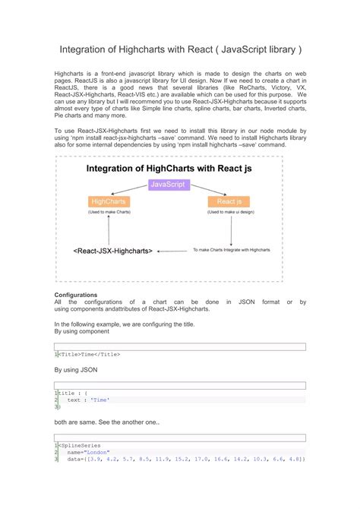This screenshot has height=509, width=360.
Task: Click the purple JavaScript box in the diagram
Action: point(169,184)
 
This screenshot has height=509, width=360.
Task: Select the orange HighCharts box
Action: point(109,201)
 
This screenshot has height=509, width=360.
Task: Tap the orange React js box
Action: point(229,201)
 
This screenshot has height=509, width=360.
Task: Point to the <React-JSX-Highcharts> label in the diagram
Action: point(113,250)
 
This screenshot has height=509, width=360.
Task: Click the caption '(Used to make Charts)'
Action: point(109,213)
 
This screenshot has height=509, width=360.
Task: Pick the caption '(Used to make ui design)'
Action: point(229,213)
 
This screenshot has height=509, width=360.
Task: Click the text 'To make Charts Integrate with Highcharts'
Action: point(232,249)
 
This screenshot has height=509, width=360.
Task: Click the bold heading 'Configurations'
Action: point(76,294)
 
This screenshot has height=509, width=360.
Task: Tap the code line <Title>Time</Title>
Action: point(90,354)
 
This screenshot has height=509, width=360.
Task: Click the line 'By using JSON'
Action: point(76,369)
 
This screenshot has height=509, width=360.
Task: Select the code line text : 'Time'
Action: point(88,400)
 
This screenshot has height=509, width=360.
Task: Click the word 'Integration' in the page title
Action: point(85,49)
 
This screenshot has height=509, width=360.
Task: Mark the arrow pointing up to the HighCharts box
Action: point(109,229)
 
